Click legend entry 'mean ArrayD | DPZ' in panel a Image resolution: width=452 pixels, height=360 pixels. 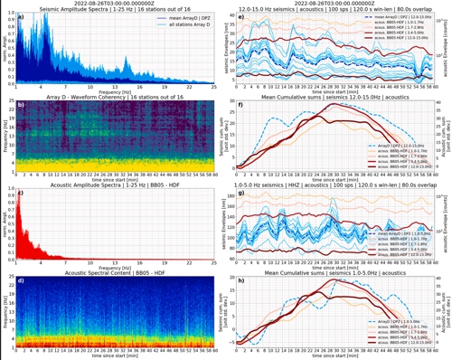pos(185,16)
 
